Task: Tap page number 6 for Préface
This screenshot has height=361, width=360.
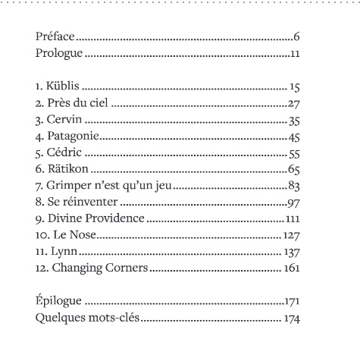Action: point(299,37)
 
